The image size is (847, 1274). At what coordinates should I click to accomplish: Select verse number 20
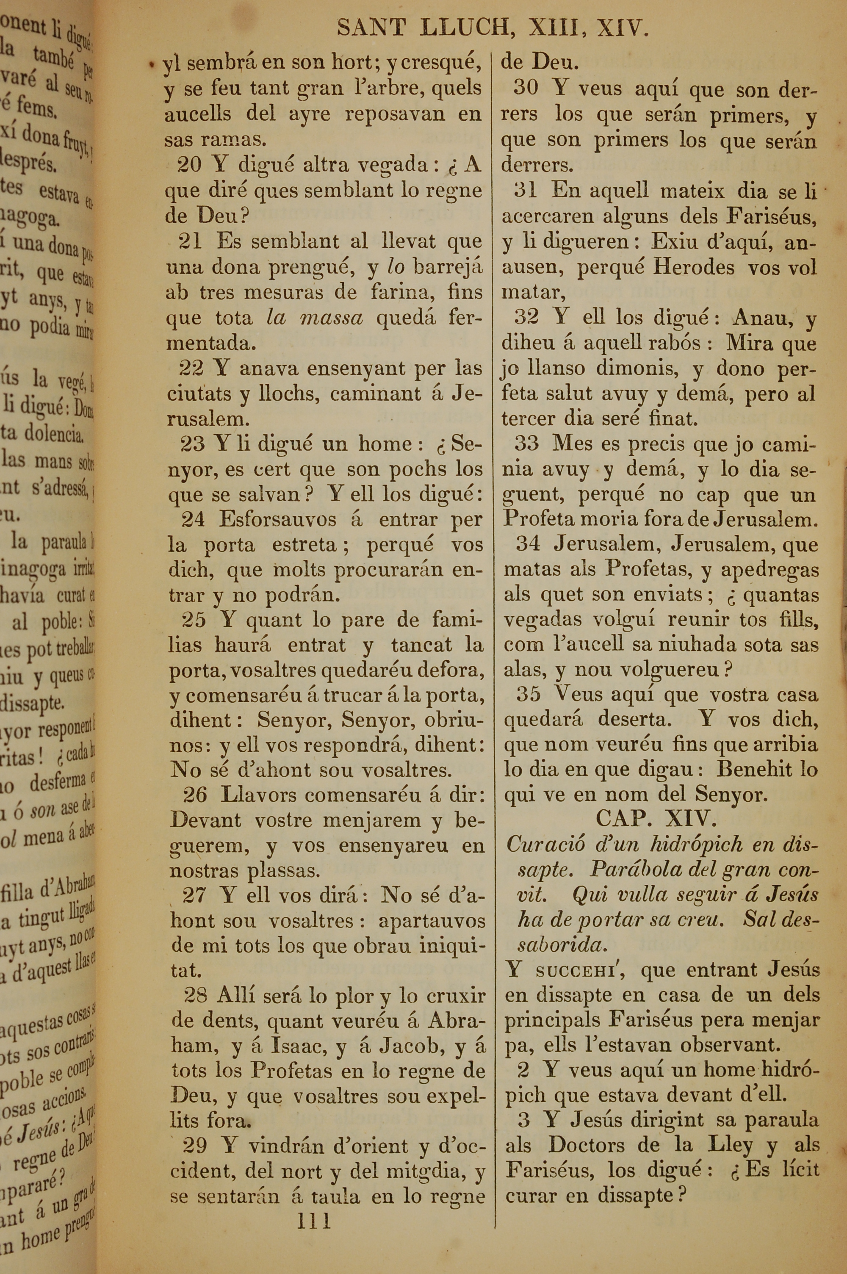click(x=189, y=165)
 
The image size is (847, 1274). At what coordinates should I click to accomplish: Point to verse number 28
click(x=196, y=995)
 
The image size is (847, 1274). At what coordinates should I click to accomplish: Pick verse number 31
click(x=525, y=190)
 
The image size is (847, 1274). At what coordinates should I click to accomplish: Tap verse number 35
click(x=528, y=694)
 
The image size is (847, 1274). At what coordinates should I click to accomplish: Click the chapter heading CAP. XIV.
click(x=656, y=820)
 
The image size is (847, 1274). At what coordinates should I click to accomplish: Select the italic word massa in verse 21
click(x=331, y=318)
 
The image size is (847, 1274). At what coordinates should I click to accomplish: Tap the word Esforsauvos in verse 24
click(x=278, y=520)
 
